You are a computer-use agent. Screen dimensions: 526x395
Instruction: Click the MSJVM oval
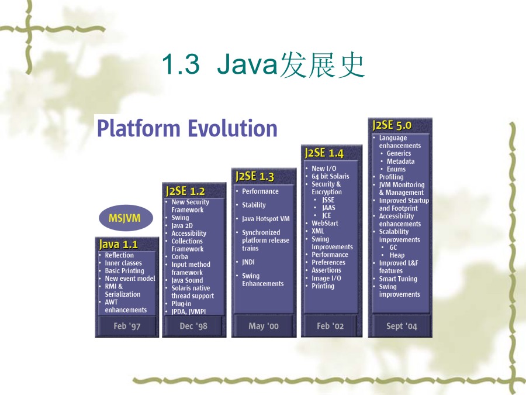coord(126,218)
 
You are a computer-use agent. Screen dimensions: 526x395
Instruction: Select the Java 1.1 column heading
coord(119,244)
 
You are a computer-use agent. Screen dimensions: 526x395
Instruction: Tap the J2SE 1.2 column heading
coord(185,191)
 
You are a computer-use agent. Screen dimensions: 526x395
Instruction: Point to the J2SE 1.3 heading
coord(255,176)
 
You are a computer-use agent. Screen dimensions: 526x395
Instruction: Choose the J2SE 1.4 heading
coord(324,153)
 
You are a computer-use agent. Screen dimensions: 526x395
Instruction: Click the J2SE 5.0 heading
coord(392,125)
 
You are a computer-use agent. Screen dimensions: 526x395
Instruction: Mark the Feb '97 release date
coord(127,326)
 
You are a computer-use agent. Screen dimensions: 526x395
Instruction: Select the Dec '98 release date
coord(193,326)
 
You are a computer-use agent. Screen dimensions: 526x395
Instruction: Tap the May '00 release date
coord(264,326)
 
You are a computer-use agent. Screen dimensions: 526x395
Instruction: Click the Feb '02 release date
coord(330,326)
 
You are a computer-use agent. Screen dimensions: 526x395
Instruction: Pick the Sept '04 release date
coord(402,326)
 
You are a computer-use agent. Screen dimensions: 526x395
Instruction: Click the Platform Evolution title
coord(187,128)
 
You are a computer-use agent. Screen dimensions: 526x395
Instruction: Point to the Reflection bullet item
coord(119,255)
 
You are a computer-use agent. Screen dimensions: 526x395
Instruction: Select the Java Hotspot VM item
coord(266,219)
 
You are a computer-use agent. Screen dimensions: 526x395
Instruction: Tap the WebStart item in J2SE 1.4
coord(325,223)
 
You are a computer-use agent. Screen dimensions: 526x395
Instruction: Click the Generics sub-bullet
coord(399,153)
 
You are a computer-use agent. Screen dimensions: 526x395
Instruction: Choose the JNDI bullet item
coord(248,262)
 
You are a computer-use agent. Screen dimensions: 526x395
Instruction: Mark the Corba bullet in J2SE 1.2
coord(180,257)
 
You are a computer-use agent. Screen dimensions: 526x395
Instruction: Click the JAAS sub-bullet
coord(328,208)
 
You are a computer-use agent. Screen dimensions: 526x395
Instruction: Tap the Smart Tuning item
coord(398,279)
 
